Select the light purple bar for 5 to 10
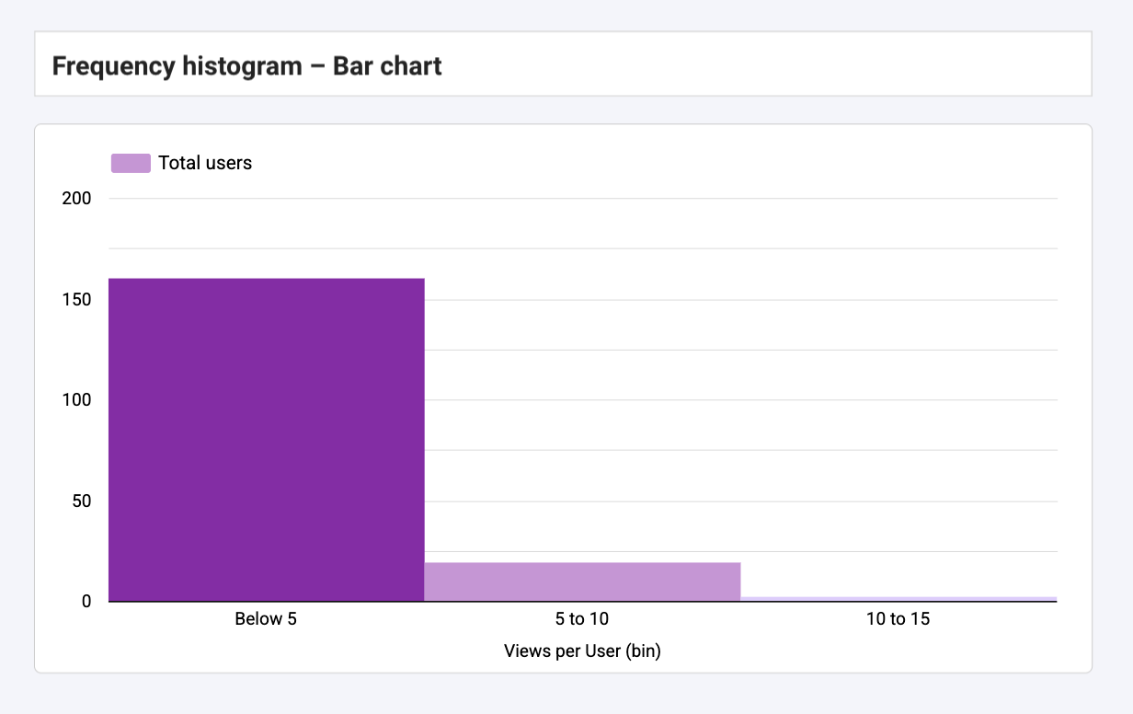point(582,582)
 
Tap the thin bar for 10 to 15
point(898,599)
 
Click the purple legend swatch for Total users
point(131,163)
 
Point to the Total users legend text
point(205,163)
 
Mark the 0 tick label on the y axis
point(87,602)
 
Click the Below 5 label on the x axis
point(266,619)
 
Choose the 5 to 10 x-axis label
point(582,619)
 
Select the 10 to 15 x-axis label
point(898,619)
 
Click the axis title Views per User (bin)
point(582,651)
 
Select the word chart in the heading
point(410,66)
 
